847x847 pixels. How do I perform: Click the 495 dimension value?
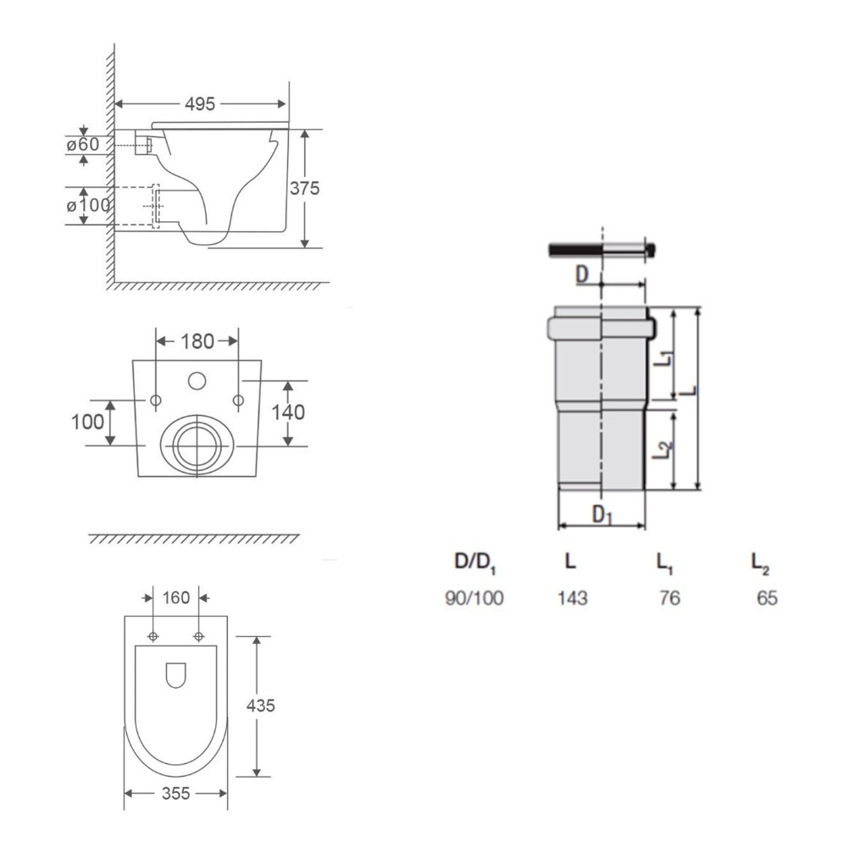[x=200, y=103]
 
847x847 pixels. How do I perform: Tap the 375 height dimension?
[x=305, y=188]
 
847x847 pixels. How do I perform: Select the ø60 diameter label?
[x=83, y=144]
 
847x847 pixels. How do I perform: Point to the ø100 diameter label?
[x=89, y=205]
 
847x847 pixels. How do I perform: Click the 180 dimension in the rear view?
[x=197, y=341]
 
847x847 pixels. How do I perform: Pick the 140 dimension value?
[x=288, y=412]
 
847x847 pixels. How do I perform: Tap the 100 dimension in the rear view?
[x=87, y=422]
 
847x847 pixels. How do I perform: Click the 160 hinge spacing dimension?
[x=176, y=598]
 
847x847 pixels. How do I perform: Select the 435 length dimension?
[x=260, y=706]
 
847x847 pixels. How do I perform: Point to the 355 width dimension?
[x=176, y=793]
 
